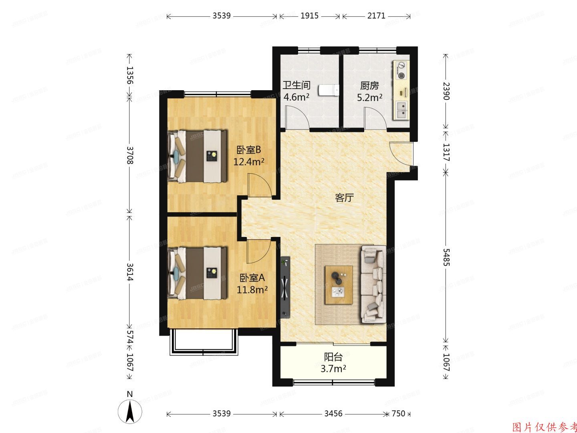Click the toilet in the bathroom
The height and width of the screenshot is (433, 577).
[x=329, y=91]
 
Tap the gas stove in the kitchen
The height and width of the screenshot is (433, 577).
[x=401, y=70]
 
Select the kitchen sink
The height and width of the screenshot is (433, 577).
[x=401, y=110]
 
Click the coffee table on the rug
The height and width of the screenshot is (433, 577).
[x=339, y=285]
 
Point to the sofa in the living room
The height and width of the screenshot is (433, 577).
[x=374, y=284]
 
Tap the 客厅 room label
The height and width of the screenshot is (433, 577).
[x=344, y=197]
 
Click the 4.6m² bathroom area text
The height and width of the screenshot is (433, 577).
[x=296, y=97]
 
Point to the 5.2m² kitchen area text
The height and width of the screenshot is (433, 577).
[x=369, y=97]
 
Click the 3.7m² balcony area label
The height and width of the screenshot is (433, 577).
[x=333, y=368]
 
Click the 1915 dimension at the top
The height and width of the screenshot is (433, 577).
[x=309, y=16]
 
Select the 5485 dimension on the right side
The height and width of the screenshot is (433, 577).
[x=446, y=257]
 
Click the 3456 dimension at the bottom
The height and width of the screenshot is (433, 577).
[x=333, y=413]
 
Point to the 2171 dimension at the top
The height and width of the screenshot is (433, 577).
[x=376, y=16]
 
